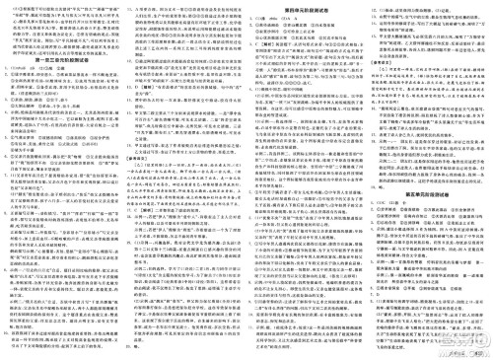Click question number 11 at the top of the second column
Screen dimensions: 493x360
[x=131, y=9]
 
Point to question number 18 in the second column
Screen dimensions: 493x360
[x=131, y=244]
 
